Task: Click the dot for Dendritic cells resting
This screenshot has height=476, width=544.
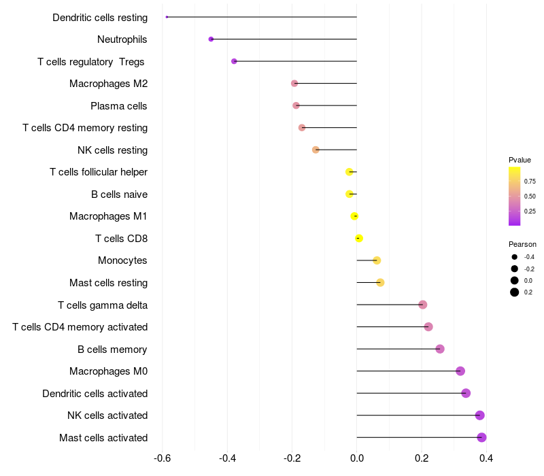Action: pos(167,17)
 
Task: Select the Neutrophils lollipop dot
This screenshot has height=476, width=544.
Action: pos(211,39)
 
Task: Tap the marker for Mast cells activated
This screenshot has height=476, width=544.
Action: pos(481,437)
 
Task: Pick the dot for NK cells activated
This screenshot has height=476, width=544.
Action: pos(479,415)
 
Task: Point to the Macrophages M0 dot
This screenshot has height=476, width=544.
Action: pos(460,371)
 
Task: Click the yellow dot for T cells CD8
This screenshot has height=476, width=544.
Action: pos(359,238)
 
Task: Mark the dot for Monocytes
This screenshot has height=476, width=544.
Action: pos(377,260)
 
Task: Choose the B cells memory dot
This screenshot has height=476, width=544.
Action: pos(440,349)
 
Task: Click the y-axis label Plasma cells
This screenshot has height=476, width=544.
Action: pos(119,106)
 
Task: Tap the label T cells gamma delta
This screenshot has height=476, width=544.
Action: pos(103,305)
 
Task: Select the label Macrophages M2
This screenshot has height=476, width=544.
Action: pos(108,84)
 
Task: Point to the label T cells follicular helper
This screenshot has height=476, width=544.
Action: pos(99,172)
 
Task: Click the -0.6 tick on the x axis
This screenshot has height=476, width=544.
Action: pos(163,458)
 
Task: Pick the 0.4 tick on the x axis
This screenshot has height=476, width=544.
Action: pos(486,458)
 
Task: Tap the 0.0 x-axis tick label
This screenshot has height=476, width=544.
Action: pos(357,458)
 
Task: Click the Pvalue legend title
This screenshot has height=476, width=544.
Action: pos(520,160)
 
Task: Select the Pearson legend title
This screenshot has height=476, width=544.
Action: pos(522,244)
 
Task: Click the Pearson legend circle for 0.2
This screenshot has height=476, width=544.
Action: pos(515,292)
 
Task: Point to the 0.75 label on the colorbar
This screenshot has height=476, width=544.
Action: pos(530,182)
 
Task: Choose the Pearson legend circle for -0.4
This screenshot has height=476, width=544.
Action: pos(515,257)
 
